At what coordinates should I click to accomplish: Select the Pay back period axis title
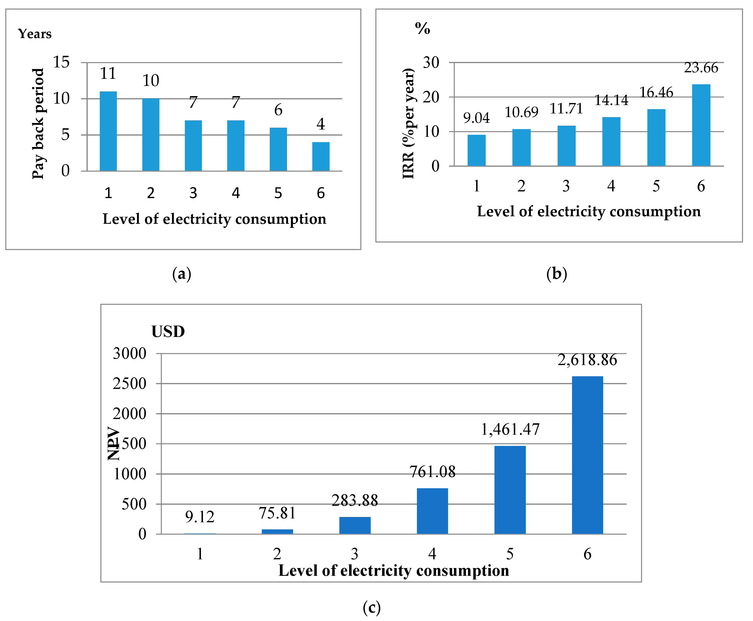pos(38,123)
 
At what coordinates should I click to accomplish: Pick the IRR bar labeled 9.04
pos(476,150)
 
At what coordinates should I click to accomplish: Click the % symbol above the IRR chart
pos(422,28)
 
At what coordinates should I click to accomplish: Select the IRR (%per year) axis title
pos(408,123)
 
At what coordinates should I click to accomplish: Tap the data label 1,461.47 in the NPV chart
pos(510,429)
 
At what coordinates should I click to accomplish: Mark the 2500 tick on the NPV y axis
pos(129,384)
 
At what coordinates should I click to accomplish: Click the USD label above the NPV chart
pos(168,332)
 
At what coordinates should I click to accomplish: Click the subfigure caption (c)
pos(372,607)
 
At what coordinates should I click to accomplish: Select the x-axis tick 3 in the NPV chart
pos(354,554)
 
